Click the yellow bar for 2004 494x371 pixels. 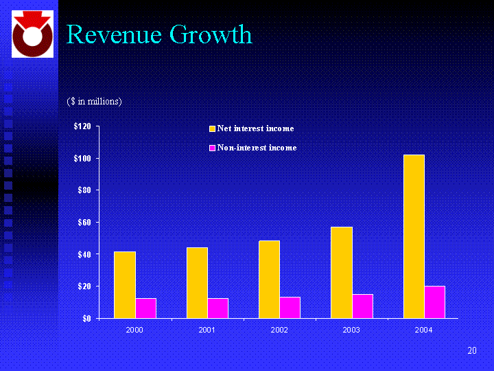(x=414, y=236)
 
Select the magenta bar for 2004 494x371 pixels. (x=434, y=302)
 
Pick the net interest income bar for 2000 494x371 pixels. (x=125, y=284)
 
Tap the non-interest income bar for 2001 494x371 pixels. (x=217, y=308)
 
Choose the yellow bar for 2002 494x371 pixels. (x=270, y=279)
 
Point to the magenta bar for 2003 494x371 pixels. (x=362, y=306)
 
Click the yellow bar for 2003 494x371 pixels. (x=342, y=272)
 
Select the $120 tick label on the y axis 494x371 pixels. (x=83, y=127)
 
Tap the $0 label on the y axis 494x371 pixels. (x=88, y=319)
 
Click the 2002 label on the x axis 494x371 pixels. (x=279, y=330)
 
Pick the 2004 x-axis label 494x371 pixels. (x=424, y=330)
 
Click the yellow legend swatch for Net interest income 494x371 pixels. (x=213, y=128)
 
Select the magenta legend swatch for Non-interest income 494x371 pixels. (x=213, y=148)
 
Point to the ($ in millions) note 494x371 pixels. (x=95, y=101)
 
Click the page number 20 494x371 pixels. (x=472, y=351)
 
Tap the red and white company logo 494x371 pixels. (x=32, y=34)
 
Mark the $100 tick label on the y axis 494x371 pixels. (x=83, y=159)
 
